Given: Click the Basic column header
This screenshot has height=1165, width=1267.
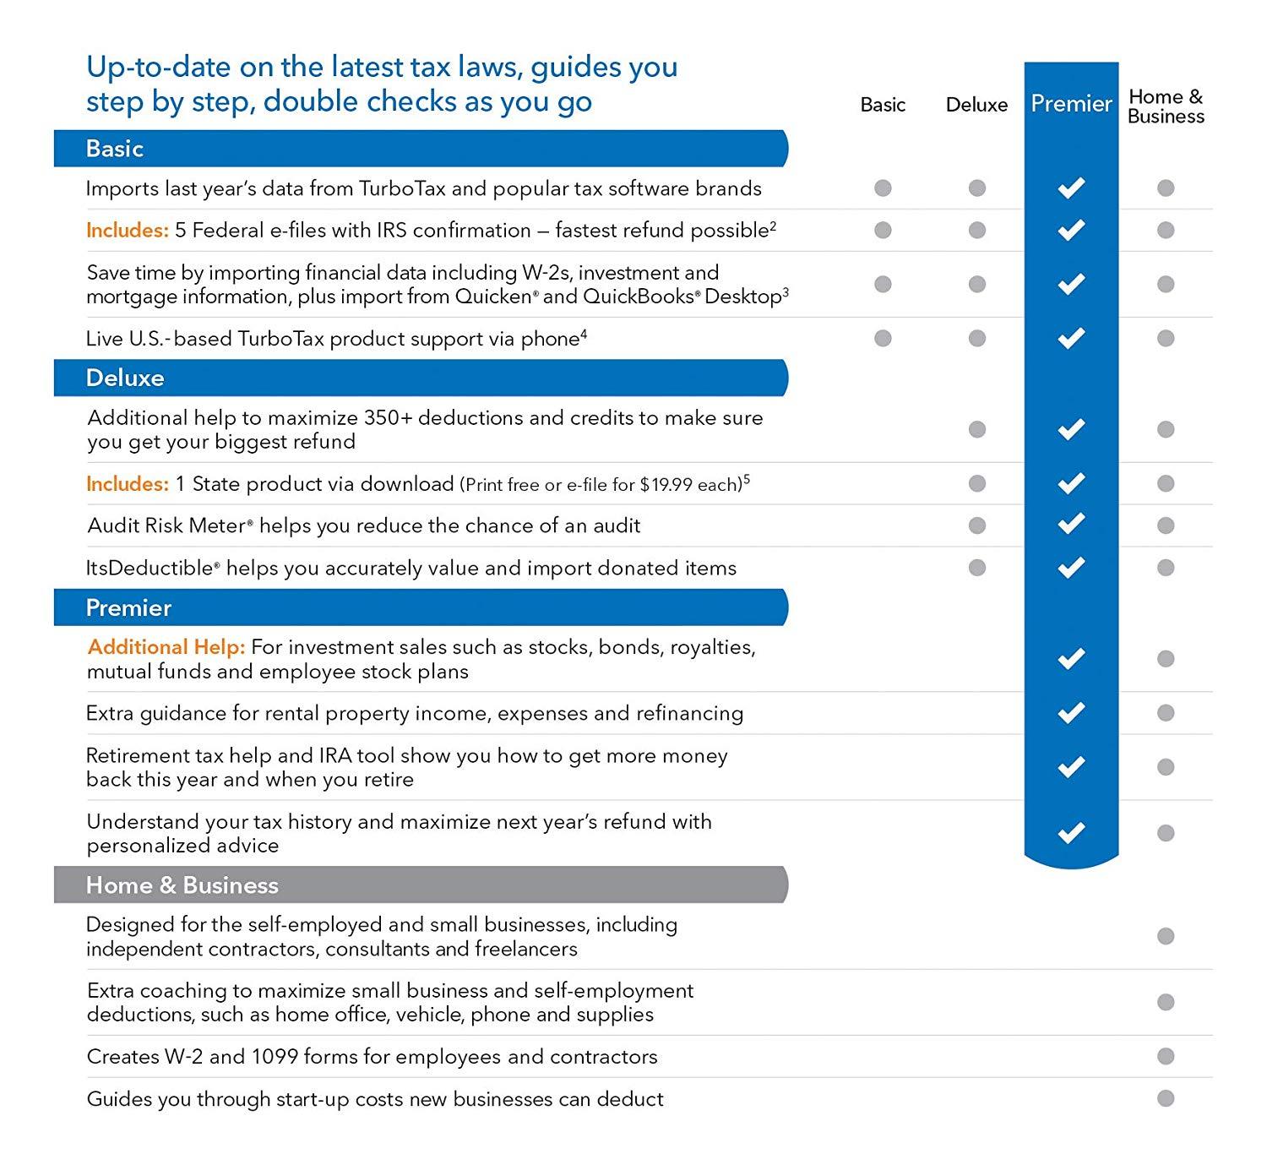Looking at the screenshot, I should pyautogui.click(x=883, y=105).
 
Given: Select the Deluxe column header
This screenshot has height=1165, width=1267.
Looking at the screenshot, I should pyautogui.click(x=976, y=105).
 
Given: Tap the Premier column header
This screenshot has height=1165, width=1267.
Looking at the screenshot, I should pyautogui.click(x=1071, y=104).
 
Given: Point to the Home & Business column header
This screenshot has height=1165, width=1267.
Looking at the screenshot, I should pyautogui.click(x=1166, y=106).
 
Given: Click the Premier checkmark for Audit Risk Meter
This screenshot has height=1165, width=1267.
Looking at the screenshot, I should pyautogui.click(x=1071, y=525).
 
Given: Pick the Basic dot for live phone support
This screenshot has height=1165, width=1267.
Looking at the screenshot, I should pyautogui.click(x=883, y=339).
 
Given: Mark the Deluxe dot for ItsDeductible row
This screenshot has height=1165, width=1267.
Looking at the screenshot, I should pyautogui.click(x=977, y=568).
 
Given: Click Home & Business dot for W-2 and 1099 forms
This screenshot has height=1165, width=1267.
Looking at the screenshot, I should pyautogui.click(x=1166, y=1056).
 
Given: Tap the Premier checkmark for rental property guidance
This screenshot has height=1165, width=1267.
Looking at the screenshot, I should pyautogui.click(x=1071, y=713).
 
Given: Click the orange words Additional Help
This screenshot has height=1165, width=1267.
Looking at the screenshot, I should pyautogui.click(x=166, y=647).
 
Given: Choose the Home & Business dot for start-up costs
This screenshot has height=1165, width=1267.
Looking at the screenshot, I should pyautogui.click(x=1166, y=1098).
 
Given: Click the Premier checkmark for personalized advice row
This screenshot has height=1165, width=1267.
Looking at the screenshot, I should pyautogui.click(x=1071, y=833).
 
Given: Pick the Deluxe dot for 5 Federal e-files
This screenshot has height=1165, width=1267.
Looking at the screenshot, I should pyautogui.click(x=977, y=230).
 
